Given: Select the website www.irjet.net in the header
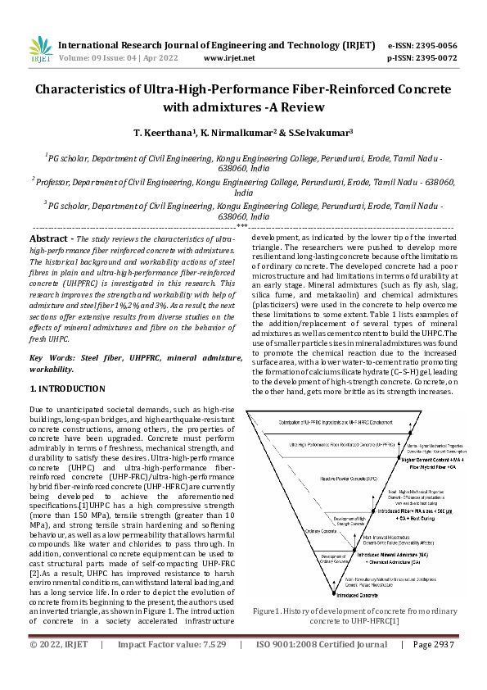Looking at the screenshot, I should coord(228,58).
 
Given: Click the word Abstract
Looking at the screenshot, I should coord(48,238).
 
